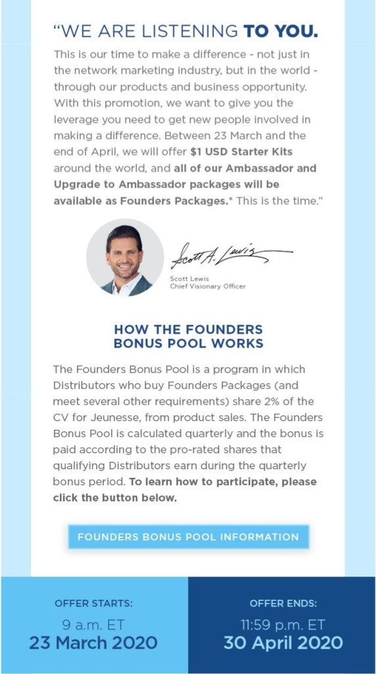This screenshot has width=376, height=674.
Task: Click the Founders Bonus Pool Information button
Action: [x=188, y=536]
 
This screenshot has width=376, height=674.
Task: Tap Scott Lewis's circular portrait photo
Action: [x=125, y=257]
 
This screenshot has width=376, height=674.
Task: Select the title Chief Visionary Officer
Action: [x=207, y=286]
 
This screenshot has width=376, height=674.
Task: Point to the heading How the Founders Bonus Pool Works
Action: [x=188, y=336]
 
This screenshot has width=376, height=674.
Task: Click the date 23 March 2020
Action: [x=93, y=642]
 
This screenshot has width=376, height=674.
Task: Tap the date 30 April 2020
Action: [x=283, y=642]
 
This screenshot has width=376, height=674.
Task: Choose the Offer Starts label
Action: [x=93, y=603]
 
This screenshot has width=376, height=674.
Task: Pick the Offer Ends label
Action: [x=283, y=603]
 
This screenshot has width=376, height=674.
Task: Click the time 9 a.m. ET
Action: [x=93, y=624]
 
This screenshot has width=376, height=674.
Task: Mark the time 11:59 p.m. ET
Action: [x=283, y=624]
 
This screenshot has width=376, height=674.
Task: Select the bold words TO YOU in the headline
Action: [x=281, y=30]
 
